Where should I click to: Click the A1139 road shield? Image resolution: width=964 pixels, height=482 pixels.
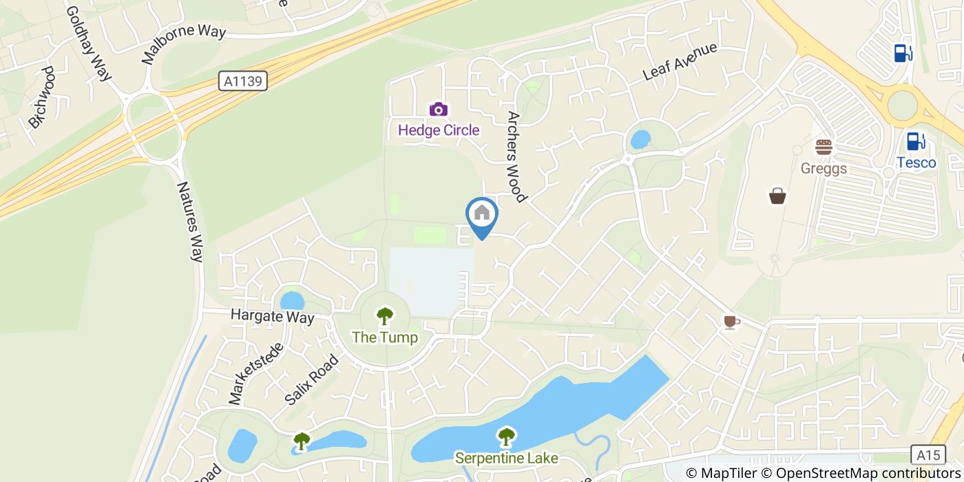point(244,81)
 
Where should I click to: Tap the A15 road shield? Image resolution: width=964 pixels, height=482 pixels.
point(928,454)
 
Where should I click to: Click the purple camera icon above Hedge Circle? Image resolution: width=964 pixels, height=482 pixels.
point(439,109)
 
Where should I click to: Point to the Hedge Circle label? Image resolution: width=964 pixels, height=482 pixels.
point(439,129)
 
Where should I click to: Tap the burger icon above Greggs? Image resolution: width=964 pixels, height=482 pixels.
point(824,147)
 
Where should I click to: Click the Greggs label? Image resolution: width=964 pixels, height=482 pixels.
point(824,169)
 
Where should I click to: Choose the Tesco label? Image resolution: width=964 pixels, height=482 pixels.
point(916,163)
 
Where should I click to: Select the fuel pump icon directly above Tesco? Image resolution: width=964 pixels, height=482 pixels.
point(915,140)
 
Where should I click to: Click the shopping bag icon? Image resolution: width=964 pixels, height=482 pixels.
point(777,196)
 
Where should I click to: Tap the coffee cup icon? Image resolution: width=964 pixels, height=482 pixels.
point(731,322)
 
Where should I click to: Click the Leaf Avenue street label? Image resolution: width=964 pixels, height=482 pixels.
point(680,61)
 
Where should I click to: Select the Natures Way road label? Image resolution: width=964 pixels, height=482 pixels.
point(189,221)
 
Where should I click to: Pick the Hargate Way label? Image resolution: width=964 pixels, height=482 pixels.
point(272,317)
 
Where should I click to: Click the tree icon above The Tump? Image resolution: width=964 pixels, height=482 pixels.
point(384,317)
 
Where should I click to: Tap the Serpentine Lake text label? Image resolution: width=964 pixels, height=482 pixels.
point(506,458)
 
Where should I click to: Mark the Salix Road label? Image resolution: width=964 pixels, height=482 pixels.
point(312,379)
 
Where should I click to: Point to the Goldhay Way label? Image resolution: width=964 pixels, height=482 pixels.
point(89,44)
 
